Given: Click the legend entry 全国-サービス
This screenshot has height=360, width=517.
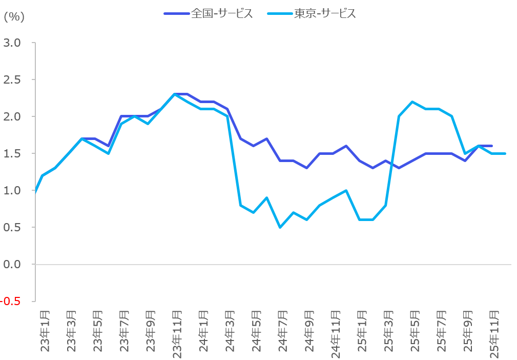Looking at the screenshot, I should tap(221, 14).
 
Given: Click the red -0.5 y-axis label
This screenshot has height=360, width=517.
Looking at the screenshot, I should tap(10, 301).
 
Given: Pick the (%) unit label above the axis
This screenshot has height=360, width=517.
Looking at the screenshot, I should tap(14, 17).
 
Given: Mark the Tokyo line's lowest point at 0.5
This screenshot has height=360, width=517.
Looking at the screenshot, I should tap(280, 227).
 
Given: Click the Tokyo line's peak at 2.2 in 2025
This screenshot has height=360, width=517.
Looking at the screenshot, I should tap(412, 102).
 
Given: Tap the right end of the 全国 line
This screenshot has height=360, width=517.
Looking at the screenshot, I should tap(492, 146).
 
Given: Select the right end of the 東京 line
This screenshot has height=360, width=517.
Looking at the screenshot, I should tap(505, 153).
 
